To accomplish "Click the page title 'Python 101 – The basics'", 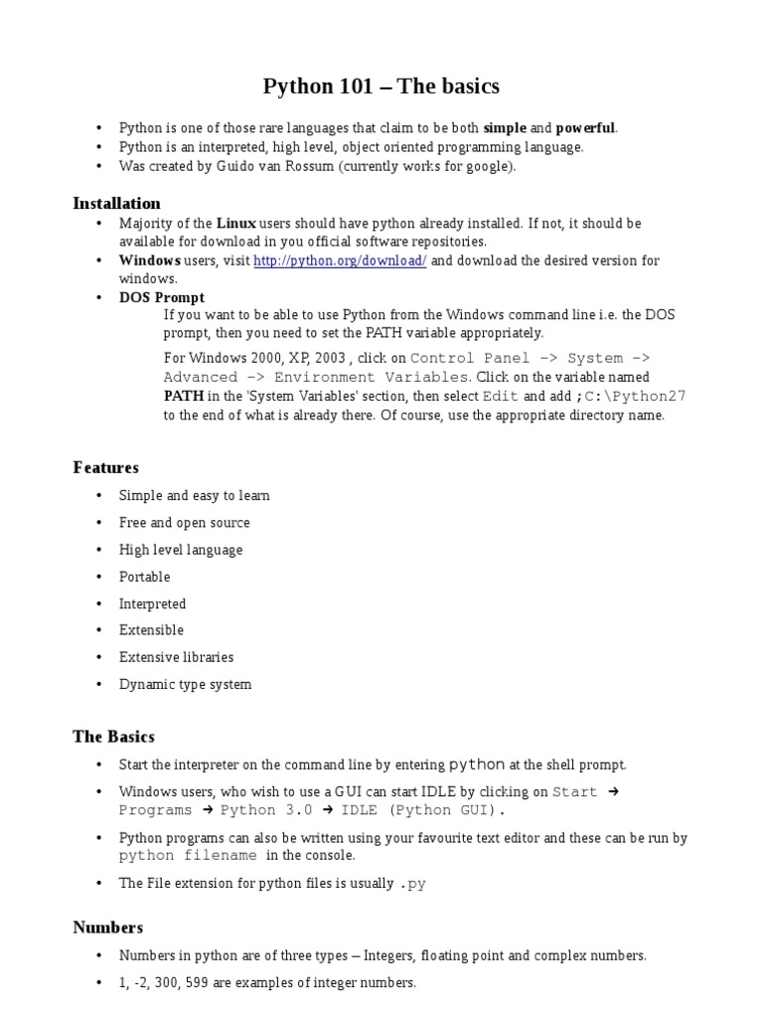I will click(x=381, y=86).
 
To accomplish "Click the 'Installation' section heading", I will click(x=116, y=203).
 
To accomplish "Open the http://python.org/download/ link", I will click(x=340, y=260).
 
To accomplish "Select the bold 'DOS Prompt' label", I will click(x=162, y=297).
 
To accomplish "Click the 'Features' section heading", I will click(x=105, y=467).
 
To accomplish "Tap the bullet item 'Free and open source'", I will click(x=184, y=523).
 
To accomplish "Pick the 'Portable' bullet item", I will click(x=144, y=577).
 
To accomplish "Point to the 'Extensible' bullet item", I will click(x=151, y=630).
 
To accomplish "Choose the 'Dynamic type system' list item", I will click(x=185, y=684).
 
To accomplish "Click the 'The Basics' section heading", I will click(x=113, y=737).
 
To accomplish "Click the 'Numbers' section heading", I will click(x=107, y=928).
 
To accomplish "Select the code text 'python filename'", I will click(x=188, y=855).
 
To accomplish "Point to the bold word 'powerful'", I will click(x=585, y=128).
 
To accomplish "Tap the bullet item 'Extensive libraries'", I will click(x=176, y=657).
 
